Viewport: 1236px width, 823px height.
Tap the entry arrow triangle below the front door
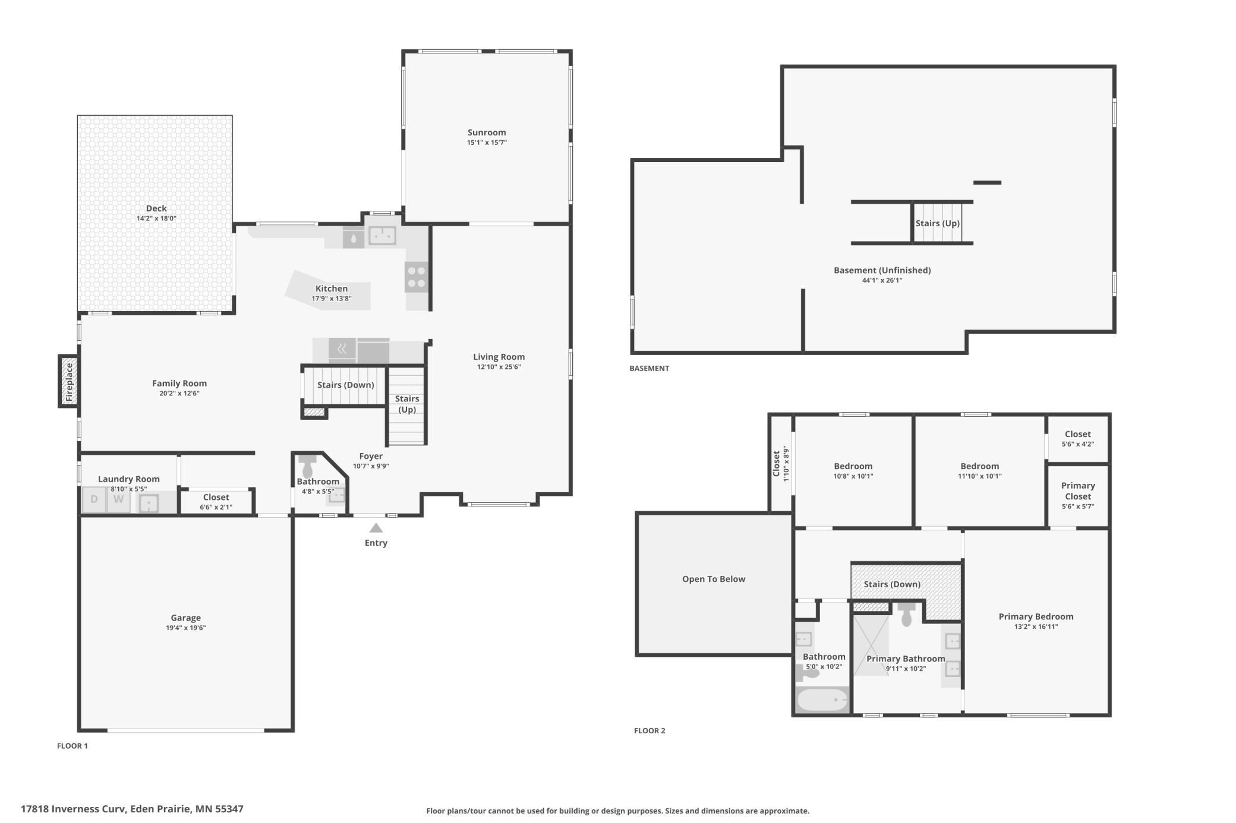pos(376,528)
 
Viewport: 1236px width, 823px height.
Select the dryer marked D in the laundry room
pos(94,499)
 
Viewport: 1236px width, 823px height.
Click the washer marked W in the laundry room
pos(119,499)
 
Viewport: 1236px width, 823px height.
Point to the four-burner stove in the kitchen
pos(417,277)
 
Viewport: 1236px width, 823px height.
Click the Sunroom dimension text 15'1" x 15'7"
pos(487,143)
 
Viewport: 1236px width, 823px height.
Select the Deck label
pos(156,208)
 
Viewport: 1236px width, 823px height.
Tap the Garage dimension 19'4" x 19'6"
pos(185,628)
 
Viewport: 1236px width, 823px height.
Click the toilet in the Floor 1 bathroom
pos(307,466)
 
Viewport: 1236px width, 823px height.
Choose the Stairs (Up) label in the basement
pos(937,223)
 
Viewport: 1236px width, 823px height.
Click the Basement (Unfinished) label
pos(882,270)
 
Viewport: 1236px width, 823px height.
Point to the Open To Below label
pos(713,579)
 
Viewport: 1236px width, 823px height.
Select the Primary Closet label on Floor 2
pos(1077,491)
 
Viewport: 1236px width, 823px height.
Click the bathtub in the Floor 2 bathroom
pos(822,699)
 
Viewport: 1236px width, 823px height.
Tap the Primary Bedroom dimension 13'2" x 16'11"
pos(1036,626)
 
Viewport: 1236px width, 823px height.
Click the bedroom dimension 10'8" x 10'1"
pos(853,476)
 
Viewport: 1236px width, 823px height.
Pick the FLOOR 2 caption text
pos(649,730)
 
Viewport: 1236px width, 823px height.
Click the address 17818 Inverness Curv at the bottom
pos(73,809)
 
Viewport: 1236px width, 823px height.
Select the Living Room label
pos(499,357)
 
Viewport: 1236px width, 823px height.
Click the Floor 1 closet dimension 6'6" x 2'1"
pos(216,507)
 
